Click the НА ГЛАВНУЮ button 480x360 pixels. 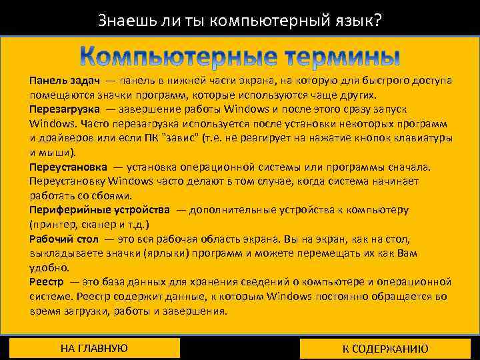(x=94, y=348)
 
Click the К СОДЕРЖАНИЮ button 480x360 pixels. (x=385, y=349)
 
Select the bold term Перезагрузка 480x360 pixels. (x=65, y=109)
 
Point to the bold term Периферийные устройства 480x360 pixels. (x=99, y=209)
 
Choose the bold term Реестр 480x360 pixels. (x=47, y=282)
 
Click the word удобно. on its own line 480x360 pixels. (x=49, y=267)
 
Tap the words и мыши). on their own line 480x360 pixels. (x=53, y=152)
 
